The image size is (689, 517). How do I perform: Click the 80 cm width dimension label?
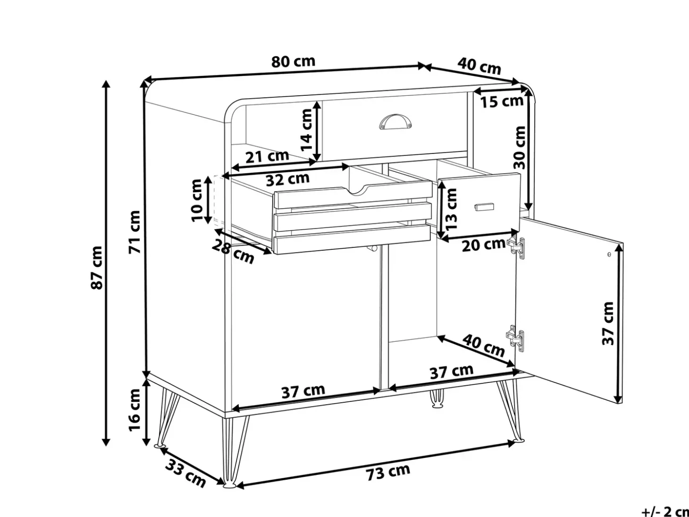click(293, 61)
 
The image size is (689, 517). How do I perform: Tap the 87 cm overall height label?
click(96, 267)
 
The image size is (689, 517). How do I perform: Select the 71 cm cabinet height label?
click(134, 232)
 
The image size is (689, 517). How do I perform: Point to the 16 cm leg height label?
click(134, 410)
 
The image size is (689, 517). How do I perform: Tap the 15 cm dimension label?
click(502, 102)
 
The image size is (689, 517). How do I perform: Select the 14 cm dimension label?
click(306, 130)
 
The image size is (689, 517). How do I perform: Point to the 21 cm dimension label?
click(267, 156)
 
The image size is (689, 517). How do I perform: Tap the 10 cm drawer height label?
click(197, 200)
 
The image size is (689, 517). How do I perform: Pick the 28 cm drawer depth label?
click(233, 251)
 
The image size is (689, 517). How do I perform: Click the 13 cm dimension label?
click(451, 209)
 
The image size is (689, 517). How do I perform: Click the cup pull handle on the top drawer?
click(395, 121)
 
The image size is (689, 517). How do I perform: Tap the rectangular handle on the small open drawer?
click(484, 207)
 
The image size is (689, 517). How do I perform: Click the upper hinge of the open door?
click(516, 248)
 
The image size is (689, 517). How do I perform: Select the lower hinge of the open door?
click(515, 339)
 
